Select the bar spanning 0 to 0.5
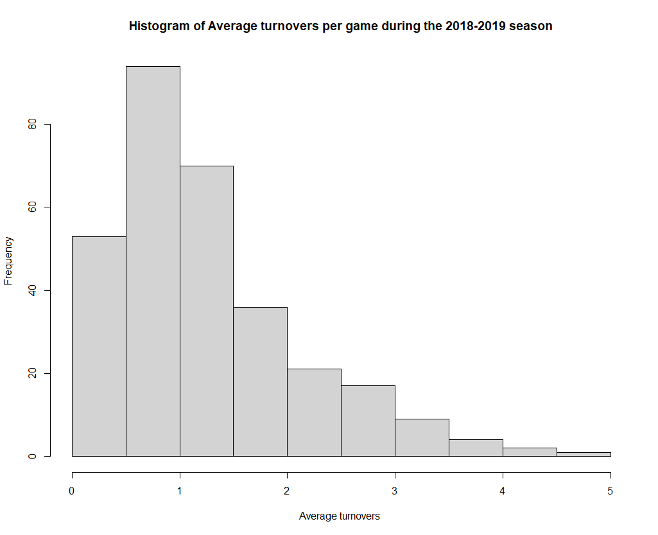pyautogui.click(x=99, y=346)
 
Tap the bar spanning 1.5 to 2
pyautogui.click(x=260, y=382)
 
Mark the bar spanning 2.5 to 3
pyautogui.click(x=368, y=421)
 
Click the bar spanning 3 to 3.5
pyautogui.click(x=422, y=437)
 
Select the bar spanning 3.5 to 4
pyautogui.click(x=476, y=448)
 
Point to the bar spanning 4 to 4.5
pyautogui.click(x=530, y=452)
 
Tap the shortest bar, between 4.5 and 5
pyautogui.click(x=584, y=454)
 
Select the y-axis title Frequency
pyautogui.click(x=9, y=261)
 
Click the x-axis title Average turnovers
pyautogui.click(x=340, y=516)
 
